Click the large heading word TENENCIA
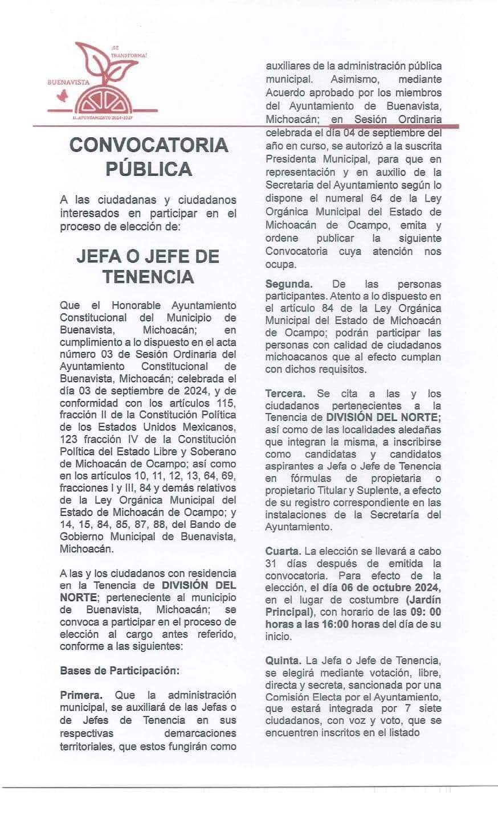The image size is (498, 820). pyautogui.click(x=148, y=277)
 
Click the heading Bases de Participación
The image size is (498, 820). pyautogui.click(x=120, y=670)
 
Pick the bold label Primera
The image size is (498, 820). pyautogui.click(x=81, y=695)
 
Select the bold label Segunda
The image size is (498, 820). pyautogui.click(x=288, y=284)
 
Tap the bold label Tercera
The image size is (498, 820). pyautogui.click(x=285, y=393)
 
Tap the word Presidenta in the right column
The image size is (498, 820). pyautogui.click(x=291, y=158)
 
